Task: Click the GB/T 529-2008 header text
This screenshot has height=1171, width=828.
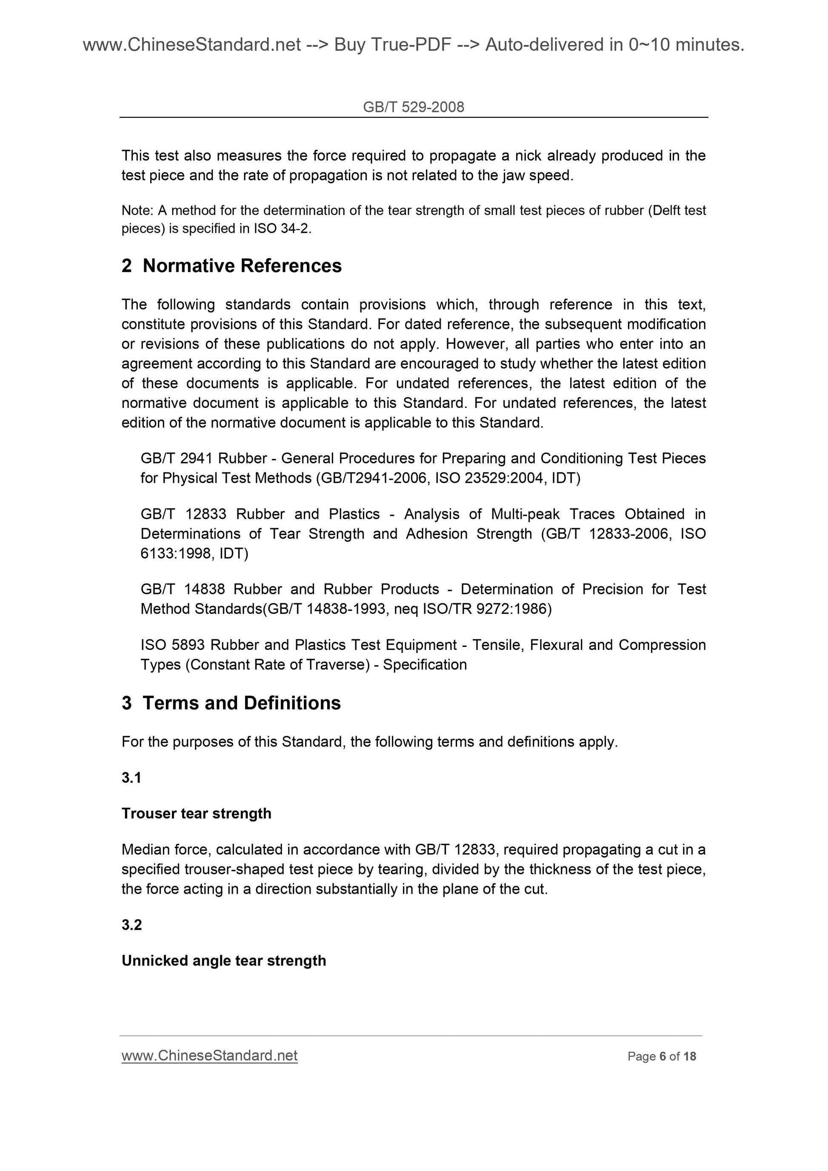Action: pos(413,107)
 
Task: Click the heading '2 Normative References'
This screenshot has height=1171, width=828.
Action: pos(231,266)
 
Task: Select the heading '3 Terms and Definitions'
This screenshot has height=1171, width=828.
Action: pos(231,703)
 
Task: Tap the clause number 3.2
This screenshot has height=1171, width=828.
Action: pos(131,925)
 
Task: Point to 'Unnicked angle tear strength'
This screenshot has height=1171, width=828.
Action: pos(223,960)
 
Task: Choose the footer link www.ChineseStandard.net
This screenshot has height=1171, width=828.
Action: pos(209,1055)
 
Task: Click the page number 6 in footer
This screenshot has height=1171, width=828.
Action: pos(662,1056)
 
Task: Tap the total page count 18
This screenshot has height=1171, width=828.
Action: pos(689,1056)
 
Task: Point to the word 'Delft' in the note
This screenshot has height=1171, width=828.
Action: pos(668,210)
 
